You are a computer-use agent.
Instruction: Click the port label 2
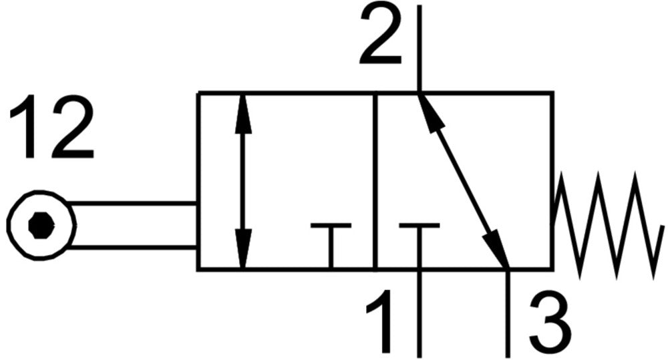381,34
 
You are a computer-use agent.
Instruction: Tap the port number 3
550,322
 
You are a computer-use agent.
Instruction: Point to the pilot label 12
51,126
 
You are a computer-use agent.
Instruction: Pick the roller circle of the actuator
41,225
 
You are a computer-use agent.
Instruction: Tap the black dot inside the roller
41,225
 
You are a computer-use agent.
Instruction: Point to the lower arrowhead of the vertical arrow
243,249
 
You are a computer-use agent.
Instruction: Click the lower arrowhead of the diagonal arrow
498,248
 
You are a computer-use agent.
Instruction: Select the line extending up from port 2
420,48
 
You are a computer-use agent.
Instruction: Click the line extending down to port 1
420,313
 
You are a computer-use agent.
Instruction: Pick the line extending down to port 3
508,313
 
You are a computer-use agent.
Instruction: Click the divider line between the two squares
375,181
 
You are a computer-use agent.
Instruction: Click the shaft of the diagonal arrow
464,181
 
